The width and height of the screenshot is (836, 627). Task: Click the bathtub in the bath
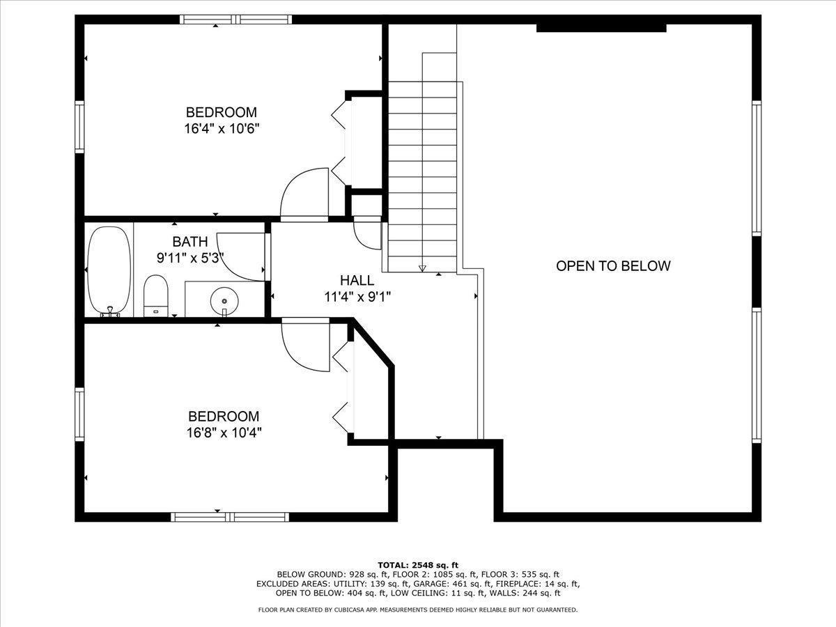[x=109, y=270]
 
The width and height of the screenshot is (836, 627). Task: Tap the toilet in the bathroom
[x=156, y=295]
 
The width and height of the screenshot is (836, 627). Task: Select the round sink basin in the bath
[x=224, y=300]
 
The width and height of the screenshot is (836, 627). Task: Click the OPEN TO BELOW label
[x=613, y=265]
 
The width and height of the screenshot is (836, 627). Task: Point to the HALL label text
[x=357, y=281]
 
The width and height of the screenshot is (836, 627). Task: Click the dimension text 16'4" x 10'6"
[x=221, y=128]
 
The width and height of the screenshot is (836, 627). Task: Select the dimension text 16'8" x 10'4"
[x=223, y=432]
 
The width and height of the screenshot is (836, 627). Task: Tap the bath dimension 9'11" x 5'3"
[x=189, y=257]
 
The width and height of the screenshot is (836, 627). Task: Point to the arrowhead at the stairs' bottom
[x=422, y=268]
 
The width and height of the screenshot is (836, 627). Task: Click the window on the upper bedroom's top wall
[x=236, y=20]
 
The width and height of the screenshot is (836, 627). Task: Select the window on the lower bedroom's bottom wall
[x=230, y=517]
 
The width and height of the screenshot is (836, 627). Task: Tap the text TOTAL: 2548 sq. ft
[x=418, y=564]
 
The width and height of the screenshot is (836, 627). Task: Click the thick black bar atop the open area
[x=601, y=28]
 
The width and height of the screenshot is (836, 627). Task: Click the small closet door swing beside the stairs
[x=366, y=234]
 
